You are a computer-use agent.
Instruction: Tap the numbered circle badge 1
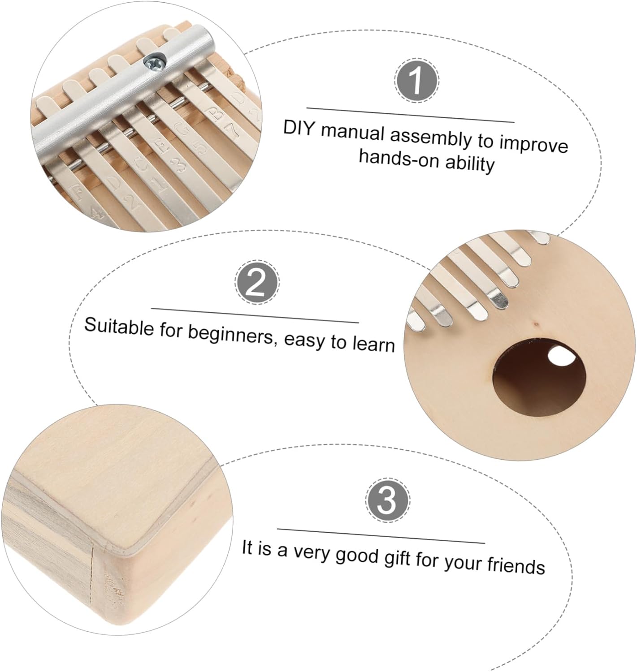416,80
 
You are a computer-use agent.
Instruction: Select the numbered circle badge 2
256,282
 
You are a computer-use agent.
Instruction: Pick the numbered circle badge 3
387,500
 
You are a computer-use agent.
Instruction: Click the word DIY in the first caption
298,129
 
